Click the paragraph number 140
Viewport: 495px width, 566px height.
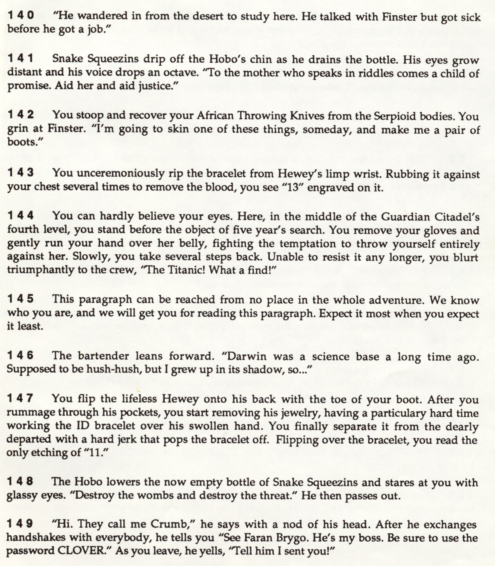coord(21,16)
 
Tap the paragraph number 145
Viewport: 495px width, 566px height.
coord(21,299)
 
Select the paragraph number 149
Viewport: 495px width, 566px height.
coord(20,524)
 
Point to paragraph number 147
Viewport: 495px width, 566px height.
coord(20,398)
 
